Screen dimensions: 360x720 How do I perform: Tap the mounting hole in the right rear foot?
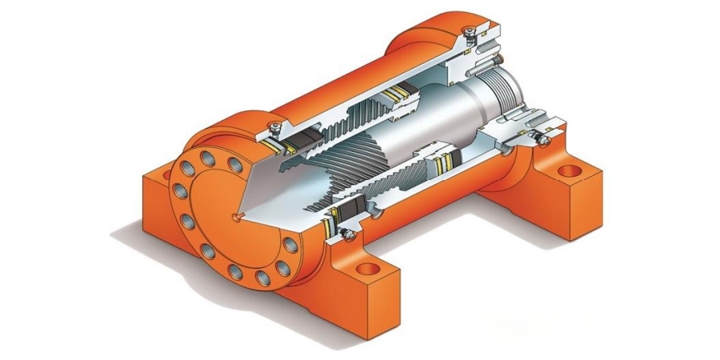coord(569,170)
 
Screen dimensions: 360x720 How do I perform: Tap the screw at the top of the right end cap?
coord(473,30)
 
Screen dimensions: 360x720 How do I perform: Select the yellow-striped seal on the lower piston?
coord(438,166)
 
